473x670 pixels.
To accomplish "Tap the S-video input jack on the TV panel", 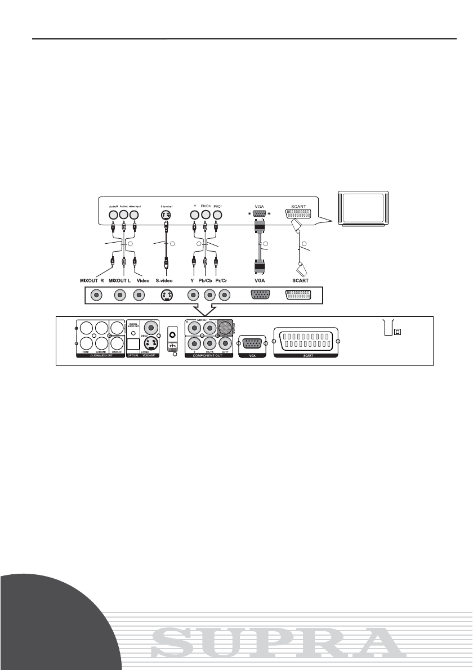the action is pos(166,215).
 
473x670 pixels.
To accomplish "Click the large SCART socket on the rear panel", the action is pos(306,342).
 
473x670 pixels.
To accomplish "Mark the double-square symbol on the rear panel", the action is pos(398,332).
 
